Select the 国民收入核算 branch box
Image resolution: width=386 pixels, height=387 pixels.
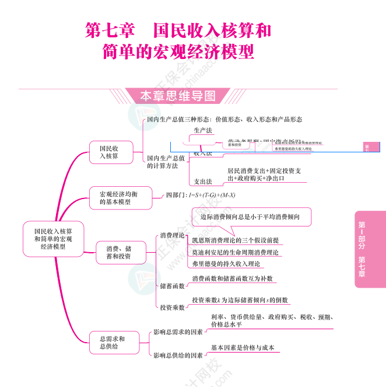[x=108, y=152]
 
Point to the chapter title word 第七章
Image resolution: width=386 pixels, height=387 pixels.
[x=110, y=30]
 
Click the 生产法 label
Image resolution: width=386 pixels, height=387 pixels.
[x=203, y=130]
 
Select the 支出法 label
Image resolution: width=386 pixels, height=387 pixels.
[x=203, y=182]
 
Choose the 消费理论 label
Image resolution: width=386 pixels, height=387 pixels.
[x=172, y=235]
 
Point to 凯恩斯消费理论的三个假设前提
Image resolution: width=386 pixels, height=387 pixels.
[x=235, y=240]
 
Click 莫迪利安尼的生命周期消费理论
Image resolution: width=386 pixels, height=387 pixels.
[x=235, y=253]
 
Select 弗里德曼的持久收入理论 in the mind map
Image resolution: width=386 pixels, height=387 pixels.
[x=227, y=264]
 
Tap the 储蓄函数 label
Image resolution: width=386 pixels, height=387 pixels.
[x=172, y=285]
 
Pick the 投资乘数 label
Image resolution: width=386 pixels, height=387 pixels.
[x=172, y=306]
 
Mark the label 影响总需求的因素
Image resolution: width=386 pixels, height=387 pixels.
[x=178, y=332]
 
